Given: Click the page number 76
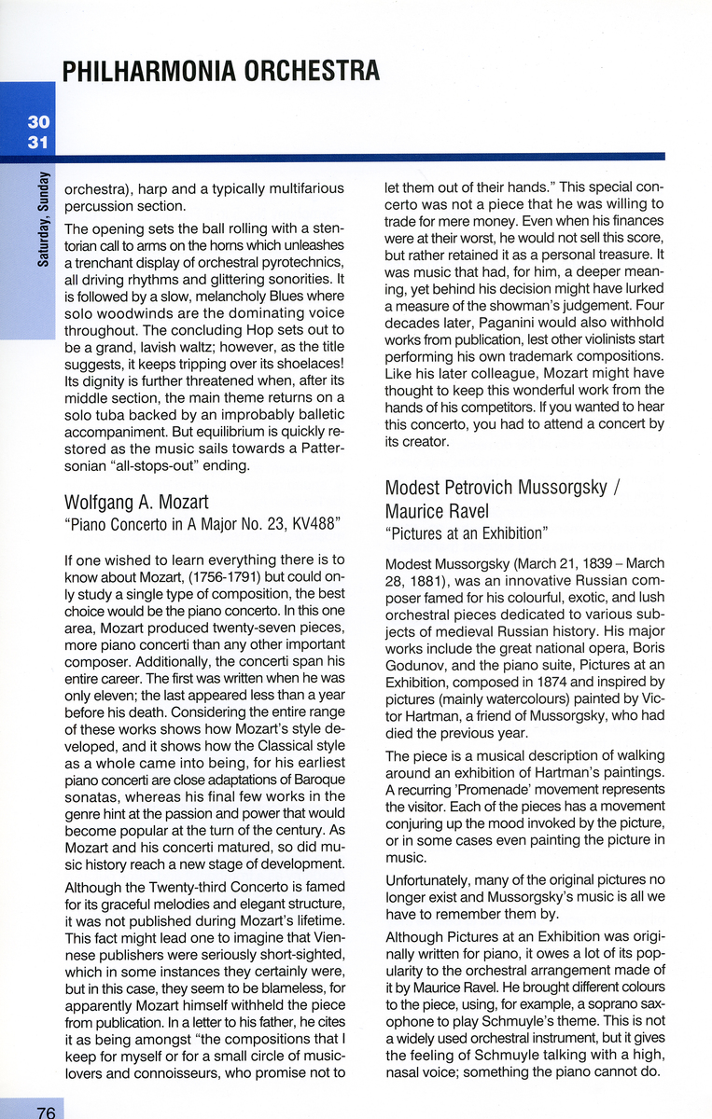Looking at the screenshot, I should coord(46,1111).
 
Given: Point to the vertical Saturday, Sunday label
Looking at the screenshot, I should coord(44,220).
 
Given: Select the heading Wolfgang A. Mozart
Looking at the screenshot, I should coord(136,504).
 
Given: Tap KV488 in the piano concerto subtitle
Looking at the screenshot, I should coord(307,527).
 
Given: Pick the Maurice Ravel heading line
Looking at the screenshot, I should coord(437,511).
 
